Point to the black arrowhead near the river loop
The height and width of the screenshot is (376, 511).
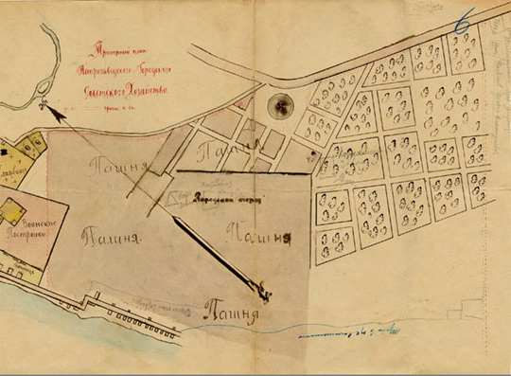[x=58, y=112]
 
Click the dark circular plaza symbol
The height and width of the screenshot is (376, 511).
[x=279, y=106]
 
